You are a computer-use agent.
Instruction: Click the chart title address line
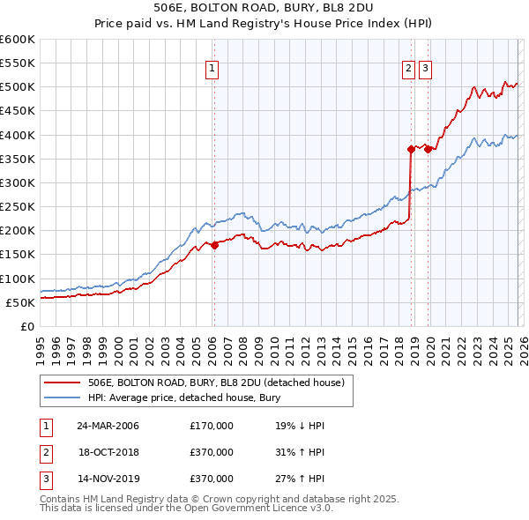point(264,8)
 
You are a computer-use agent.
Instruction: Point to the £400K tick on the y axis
point(18,135)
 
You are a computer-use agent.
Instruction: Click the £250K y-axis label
point(18,206)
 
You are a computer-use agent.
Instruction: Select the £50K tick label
point(21,302)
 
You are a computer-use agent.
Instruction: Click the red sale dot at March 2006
point(214,245)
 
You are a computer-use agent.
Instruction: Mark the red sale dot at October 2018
point(411,149)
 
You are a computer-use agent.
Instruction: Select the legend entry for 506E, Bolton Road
point(220,383)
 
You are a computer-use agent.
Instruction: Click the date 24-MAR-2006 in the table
point(108,426)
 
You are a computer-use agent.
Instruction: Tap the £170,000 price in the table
point(212,426)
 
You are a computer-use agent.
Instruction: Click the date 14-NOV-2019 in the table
point(108,479)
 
